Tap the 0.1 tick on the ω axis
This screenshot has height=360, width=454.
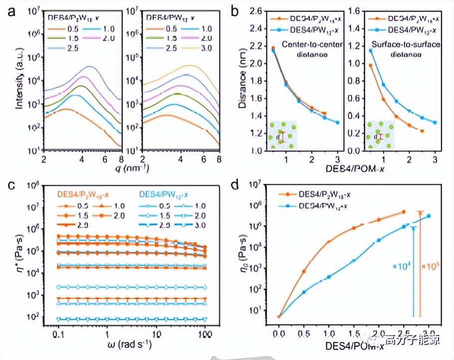click(x=58, y=331)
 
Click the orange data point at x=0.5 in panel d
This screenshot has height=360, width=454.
click(x=304, y=271)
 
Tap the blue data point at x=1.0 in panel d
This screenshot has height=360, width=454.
click(x=329, y=277)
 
